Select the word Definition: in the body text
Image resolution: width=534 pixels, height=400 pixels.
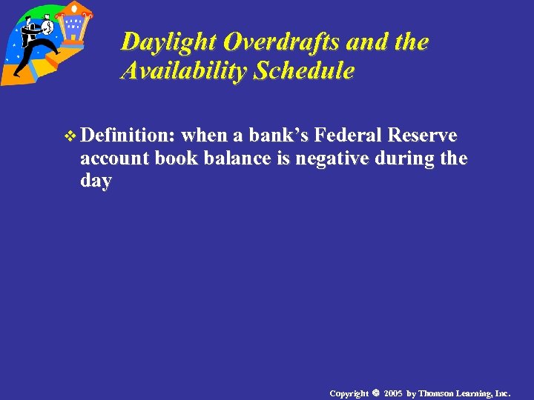(128, 136)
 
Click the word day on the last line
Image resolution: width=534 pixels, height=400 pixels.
(96, 181)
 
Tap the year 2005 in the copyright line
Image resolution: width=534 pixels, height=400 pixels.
(393, 393)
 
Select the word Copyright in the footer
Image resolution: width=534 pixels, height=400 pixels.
(349, 393)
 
